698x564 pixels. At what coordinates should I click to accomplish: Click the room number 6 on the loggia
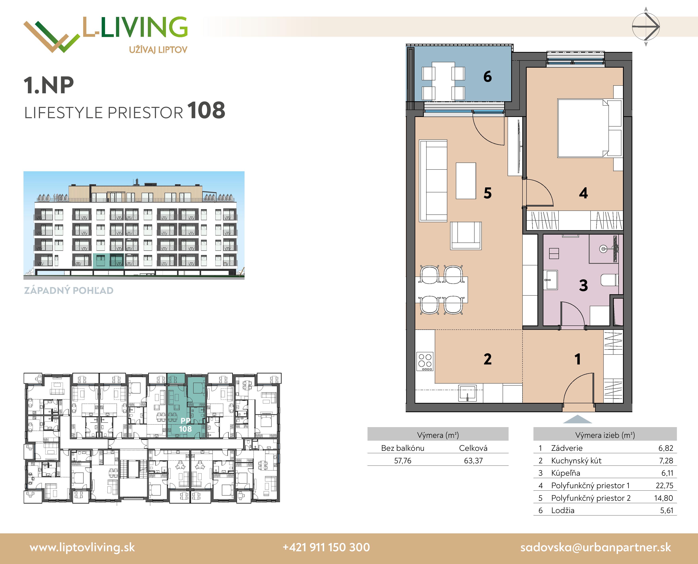487,77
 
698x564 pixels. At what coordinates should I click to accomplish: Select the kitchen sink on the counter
467,394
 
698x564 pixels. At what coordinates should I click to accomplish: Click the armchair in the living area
466,236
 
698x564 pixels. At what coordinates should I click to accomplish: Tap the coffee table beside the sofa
466,181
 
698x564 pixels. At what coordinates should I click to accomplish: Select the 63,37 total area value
473,461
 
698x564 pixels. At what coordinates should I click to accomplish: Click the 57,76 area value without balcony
403,461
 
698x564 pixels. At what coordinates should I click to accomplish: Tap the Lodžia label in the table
563,510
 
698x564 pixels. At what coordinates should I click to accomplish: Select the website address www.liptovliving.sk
82,547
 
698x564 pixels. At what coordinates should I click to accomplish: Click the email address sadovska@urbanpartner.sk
596,547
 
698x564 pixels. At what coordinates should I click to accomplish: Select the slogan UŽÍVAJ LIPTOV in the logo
158,50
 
